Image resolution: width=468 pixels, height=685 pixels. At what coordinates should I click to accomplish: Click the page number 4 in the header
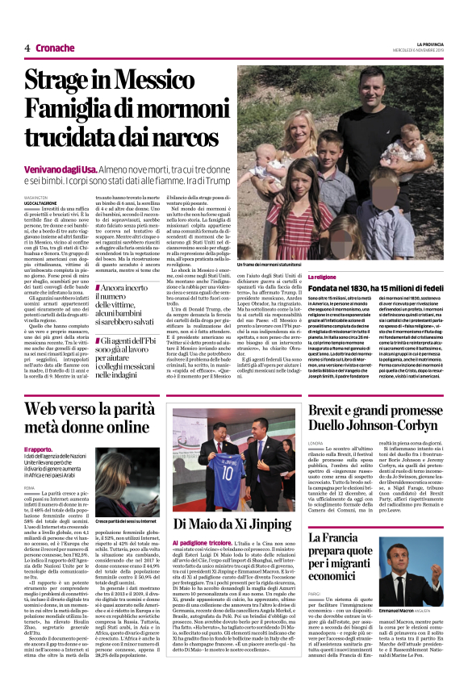(27, 48)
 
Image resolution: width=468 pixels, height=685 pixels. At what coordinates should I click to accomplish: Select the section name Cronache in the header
(54, 48)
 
